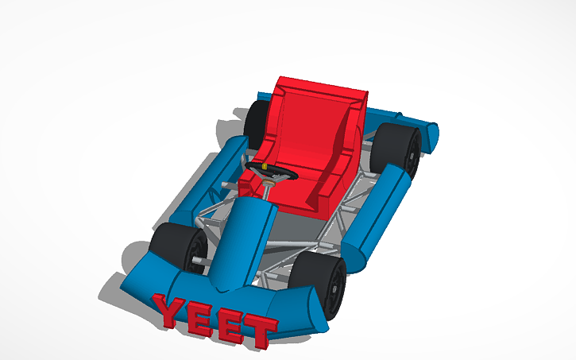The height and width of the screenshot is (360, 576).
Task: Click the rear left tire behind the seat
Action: coord(257,119)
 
